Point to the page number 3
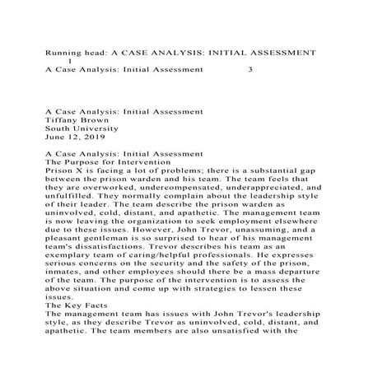tap(250, 70)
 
